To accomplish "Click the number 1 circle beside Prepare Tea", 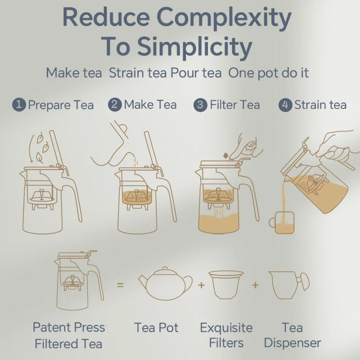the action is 19,105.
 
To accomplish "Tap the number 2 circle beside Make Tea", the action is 115,105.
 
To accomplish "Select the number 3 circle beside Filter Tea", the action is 200,105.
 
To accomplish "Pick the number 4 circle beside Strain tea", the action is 285,105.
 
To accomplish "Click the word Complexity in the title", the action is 224,19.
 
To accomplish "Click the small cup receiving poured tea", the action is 282,223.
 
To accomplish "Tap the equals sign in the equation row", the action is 120,285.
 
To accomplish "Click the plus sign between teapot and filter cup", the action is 201,285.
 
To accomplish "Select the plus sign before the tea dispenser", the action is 255,285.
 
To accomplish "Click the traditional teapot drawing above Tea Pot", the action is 165,284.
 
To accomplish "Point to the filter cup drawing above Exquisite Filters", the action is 226,285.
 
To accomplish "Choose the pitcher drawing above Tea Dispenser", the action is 288,285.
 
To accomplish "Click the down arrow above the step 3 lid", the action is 226,156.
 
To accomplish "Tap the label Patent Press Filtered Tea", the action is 69,336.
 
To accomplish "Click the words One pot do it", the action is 268,73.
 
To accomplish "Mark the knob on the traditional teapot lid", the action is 165,268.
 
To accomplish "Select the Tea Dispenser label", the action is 292,335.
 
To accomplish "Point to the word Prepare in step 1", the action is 49,106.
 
